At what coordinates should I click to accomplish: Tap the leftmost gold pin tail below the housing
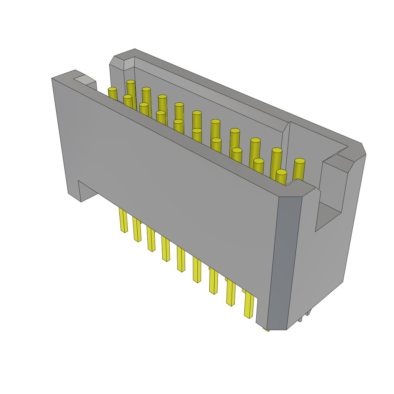coord(123,221)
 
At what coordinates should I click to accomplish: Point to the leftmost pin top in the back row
coord(131,82)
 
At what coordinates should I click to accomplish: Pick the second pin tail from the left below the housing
coord(137,230)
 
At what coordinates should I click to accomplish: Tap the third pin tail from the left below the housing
coord(151,240)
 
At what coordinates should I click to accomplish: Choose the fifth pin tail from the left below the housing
coord(181,260)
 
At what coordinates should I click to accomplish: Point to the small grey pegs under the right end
coord(306,316)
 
